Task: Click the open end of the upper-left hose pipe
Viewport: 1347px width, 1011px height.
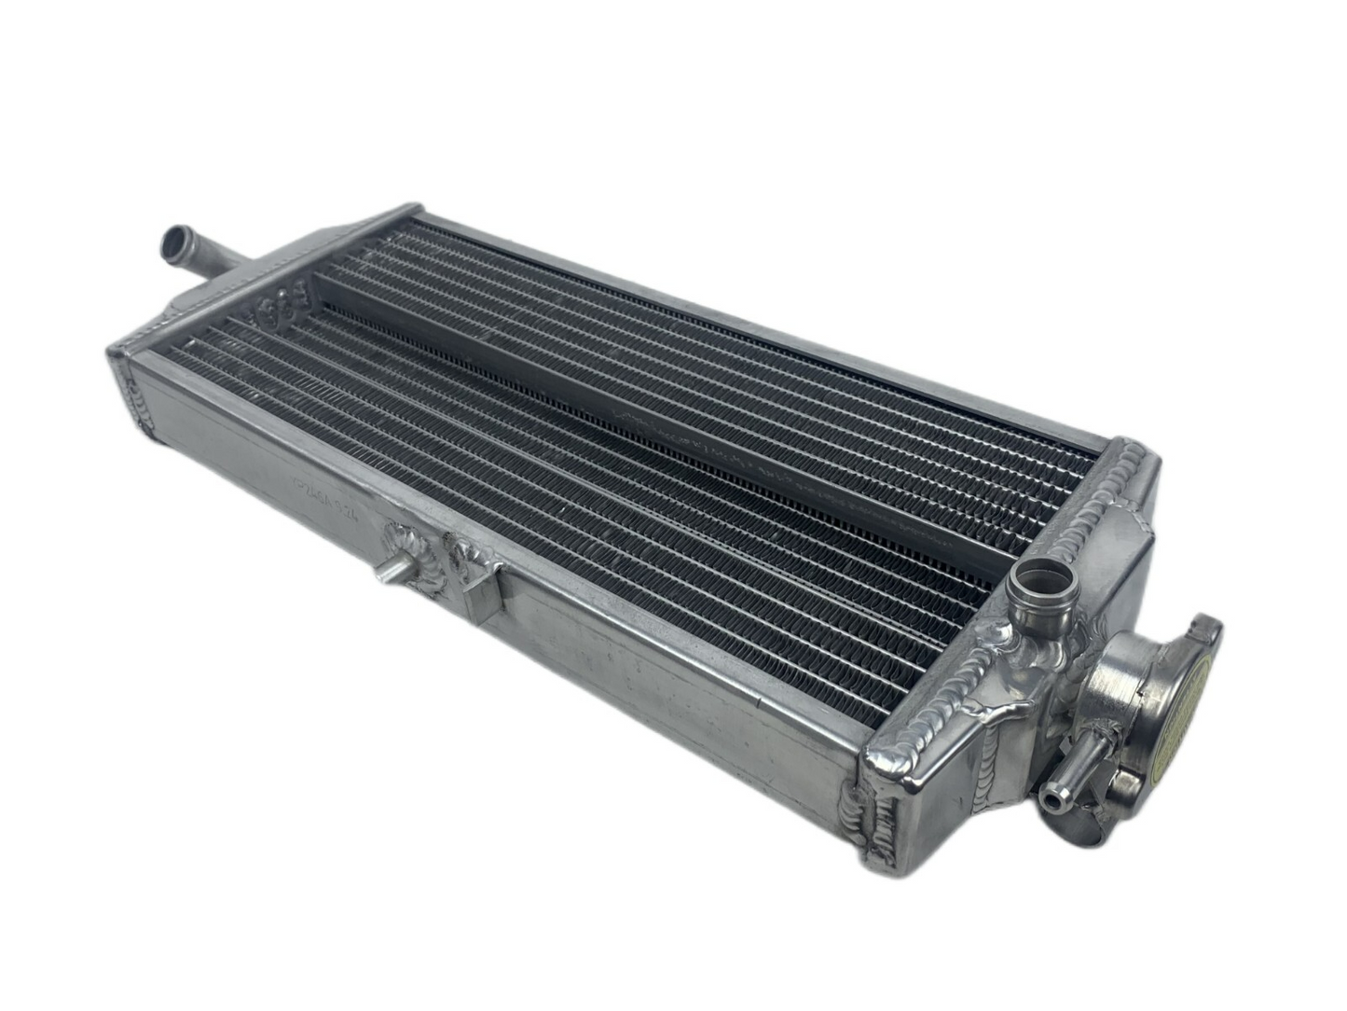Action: point(174,244)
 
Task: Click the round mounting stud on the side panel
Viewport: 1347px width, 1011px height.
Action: point(387,571)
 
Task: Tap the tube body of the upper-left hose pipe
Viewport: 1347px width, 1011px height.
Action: point(210,257)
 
